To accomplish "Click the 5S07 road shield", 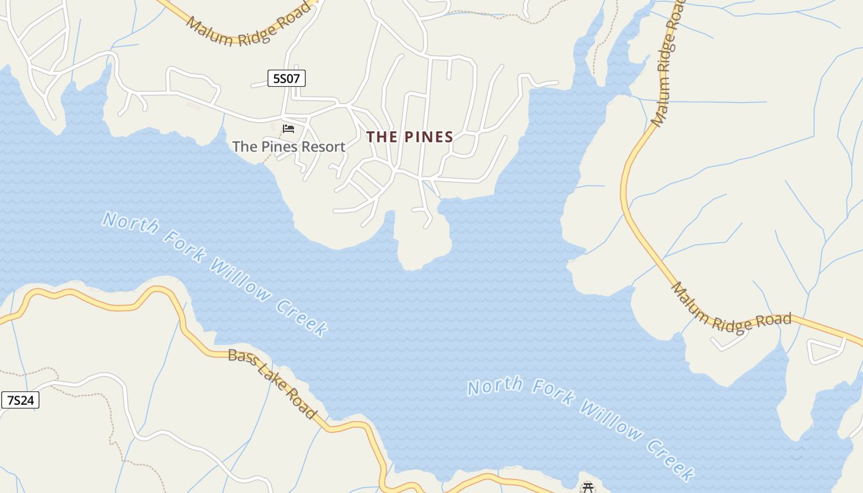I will pos(287,78).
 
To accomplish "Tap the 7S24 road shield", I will pos(20,400).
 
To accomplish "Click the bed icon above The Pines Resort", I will pos(288,129).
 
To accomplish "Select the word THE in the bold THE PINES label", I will pos(382,137).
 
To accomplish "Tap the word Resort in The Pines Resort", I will pos(322,147).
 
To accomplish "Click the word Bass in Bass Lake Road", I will pos(240,358).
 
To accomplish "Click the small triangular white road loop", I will pos(825,351).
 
